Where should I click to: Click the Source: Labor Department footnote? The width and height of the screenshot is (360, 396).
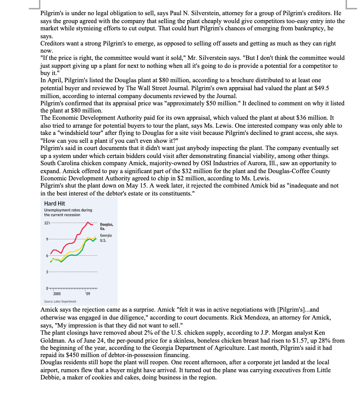point(60,302)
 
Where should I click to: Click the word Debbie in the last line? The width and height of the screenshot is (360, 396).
point(51,378)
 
